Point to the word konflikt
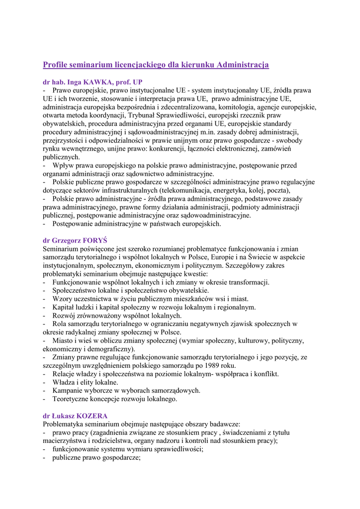pos(264,374)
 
